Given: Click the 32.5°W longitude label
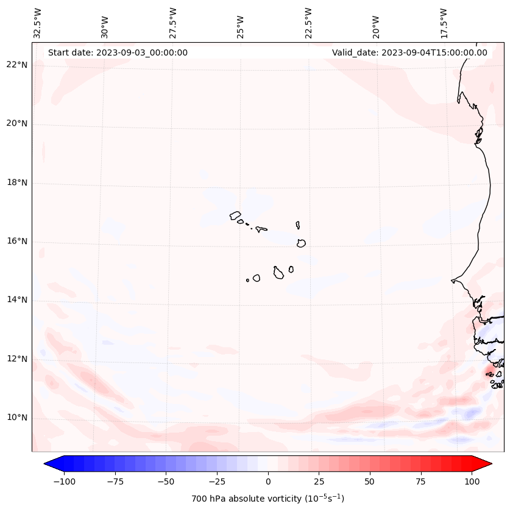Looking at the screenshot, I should (x=38, y=23).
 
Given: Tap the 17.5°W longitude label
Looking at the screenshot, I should (x=444, y=23).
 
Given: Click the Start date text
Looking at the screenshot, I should (x=118, y=52).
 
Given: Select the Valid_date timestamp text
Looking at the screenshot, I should (x=409, y=52).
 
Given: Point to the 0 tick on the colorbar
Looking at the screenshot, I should (x=268, y=481).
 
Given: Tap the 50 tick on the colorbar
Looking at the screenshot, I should (x=370, y=481).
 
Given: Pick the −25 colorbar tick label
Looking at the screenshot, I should (x=217, y=481).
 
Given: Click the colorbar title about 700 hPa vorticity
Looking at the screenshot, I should (x=268, y=499).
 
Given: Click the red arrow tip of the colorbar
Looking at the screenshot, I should (x=484, y=464).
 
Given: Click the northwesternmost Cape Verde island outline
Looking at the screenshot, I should (x=235, y=215).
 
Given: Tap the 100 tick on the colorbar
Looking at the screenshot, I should (x=471, y=481).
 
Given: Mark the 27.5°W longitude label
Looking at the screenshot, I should (x=173, y=23).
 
